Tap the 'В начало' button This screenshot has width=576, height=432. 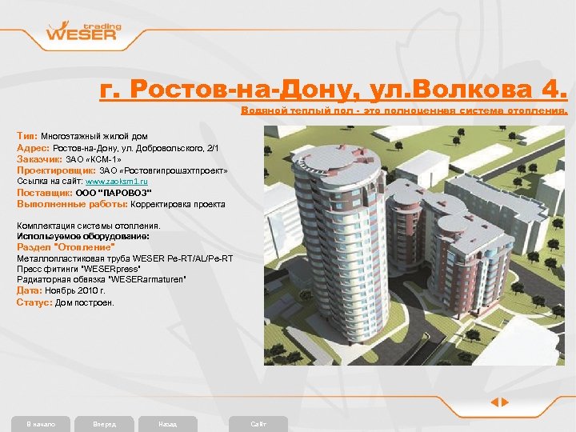coord(41,423)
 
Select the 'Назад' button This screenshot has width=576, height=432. coord(167,423)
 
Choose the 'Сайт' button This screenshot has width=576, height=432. coord(258,423)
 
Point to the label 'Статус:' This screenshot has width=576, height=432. coord(34,303)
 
